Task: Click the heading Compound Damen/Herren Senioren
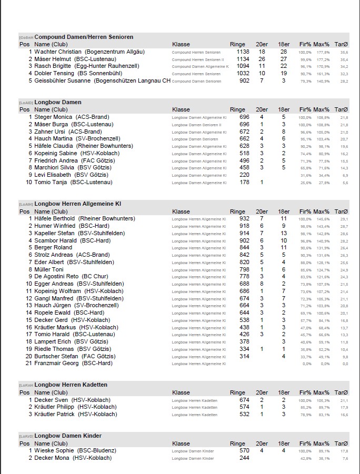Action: click(84, 37)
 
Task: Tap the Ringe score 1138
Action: click(243, 52)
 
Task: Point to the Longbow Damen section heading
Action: click(58, 102)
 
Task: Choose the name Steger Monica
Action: click(53, 117)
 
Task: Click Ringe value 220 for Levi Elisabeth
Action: click(244, 175)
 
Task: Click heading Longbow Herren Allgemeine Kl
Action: click(78, 204)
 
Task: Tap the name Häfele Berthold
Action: click(55, 218)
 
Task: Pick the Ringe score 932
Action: click(244, 218)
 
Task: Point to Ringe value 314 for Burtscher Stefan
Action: click(244, 356)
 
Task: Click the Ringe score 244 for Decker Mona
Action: click(244, 458)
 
